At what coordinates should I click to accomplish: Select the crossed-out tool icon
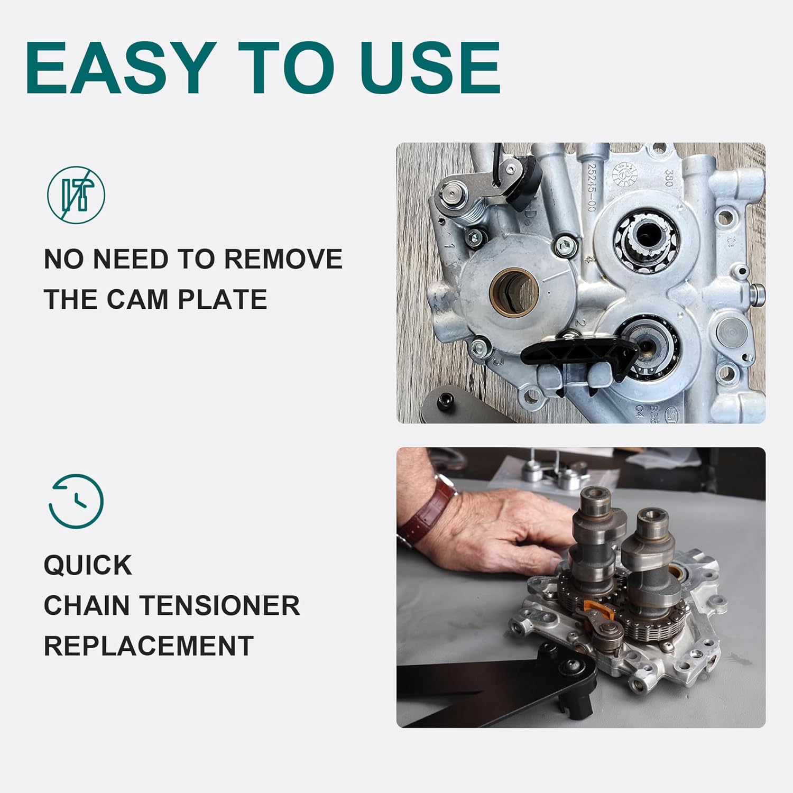click(x=76, y=195)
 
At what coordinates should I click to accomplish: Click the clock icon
click(x=76, y=501)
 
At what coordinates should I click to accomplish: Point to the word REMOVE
click(x=283, y=259)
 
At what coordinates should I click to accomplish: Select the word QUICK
click(x=88, y=565)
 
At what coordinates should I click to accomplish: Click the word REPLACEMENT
click(x=149, y=646)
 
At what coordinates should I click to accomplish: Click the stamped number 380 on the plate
click(x=668, y=178)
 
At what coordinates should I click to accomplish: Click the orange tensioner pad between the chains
click(x=602, y=611)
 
